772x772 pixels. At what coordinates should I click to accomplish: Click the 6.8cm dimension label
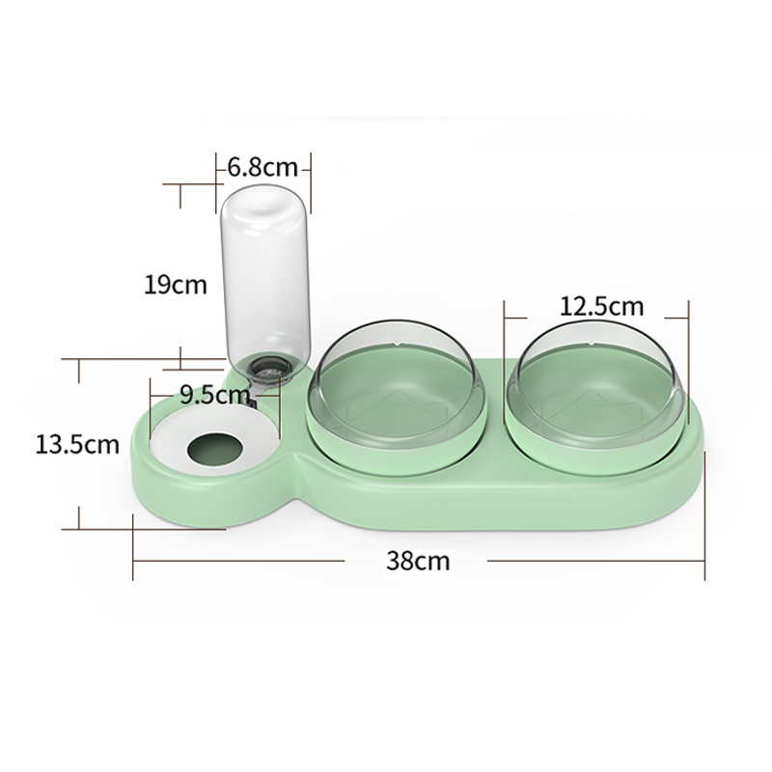pyautogui.click(x=262, y=167)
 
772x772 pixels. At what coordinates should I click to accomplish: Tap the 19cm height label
pyautogui.click(x=176, y=285)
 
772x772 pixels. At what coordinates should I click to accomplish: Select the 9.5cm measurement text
pyautogui.click(x=207, y=394)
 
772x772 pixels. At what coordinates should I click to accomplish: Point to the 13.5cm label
pyautogui.click(x=77, y=445)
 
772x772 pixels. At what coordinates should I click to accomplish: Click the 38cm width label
pyautogui.click(x=418, y=561)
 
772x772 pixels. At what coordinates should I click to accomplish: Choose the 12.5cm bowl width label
pyautogui.click(x=601, y=307)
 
